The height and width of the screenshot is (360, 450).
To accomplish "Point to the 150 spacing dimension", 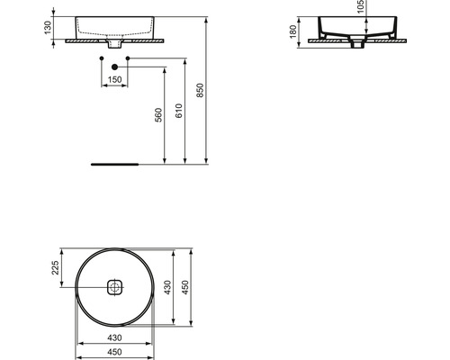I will point(115,80).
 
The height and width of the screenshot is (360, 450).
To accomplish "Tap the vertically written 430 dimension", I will point(167,288).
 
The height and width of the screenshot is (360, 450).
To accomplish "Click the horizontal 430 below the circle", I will point(114,336).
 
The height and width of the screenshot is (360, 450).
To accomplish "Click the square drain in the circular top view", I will point(114,288).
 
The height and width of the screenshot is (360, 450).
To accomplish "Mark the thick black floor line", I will point(114,165).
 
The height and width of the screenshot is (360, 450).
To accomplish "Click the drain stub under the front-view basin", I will point(115,44).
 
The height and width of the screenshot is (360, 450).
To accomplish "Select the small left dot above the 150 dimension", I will point(101,58).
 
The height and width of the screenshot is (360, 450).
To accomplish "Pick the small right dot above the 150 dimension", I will point(130,58).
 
